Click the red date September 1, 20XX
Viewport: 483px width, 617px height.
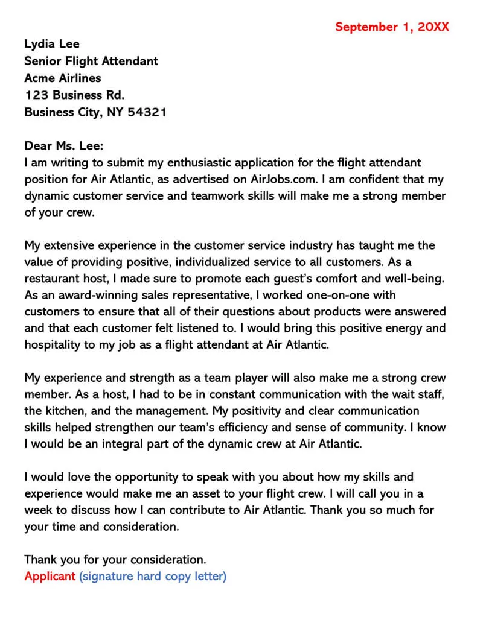pos(392,27)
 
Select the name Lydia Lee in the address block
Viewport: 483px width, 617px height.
pos(52,44)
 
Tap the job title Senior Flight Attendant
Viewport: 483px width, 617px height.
pos(91,61)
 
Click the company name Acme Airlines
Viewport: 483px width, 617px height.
pos(63,78)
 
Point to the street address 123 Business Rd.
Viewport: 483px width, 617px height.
pos(74,95)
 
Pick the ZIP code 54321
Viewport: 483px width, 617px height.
pos(147,112)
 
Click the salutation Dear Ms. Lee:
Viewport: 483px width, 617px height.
pos(64,146)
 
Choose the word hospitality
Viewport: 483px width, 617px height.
pos(53,345)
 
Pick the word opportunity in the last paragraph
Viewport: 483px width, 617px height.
pos(139,477)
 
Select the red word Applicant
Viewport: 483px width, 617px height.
pos(50,576)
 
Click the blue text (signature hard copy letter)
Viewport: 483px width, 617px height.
pos(153,576)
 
